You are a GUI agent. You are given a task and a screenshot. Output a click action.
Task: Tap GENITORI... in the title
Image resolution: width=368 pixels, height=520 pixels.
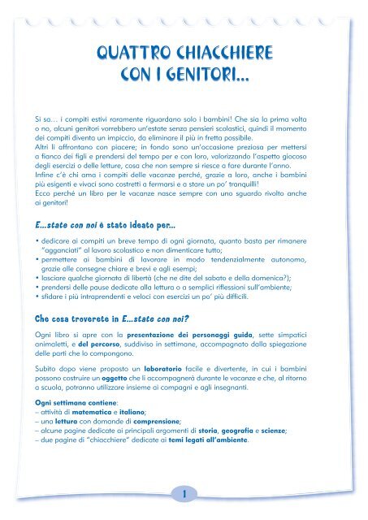pyautogui.click(x=216, y=77)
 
